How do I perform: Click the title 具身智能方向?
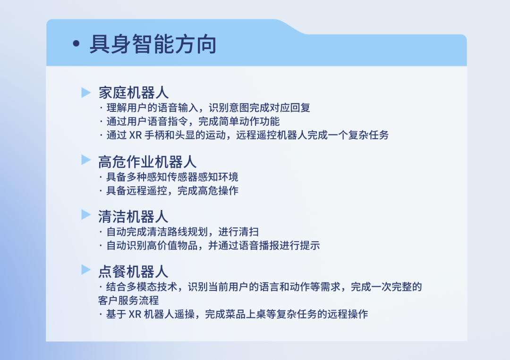(153, 44)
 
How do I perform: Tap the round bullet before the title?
(76, 43)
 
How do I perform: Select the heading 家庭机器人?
(133, 92)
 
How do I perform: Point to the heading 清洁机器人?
(133, 217)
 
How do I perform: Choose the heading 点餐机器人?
(133, 271)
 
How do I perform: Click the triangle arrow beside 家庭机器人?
(86, 92)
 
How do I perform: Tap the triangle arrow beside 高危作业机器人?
(86, 159)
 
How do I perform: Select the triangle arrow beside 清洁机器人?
(86, 214)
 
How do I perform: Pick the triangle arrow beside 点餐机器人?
(86, 269)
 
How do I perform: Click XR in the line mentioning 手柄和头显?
(136, 135)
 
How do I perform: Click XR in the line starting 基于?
(135, 314)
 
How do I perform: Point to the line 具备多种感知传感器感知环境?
(172, 177)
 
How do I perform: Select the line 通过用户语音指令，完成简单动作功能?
(193, 122)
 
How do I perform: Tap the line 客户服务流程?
(128, 301)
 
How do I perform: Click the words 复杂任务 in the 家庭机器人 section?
(368, 135)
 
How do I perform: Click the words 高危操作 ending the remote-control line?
(218, 191)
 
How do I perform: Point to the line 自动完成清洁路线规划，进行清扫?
(183, 232)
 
